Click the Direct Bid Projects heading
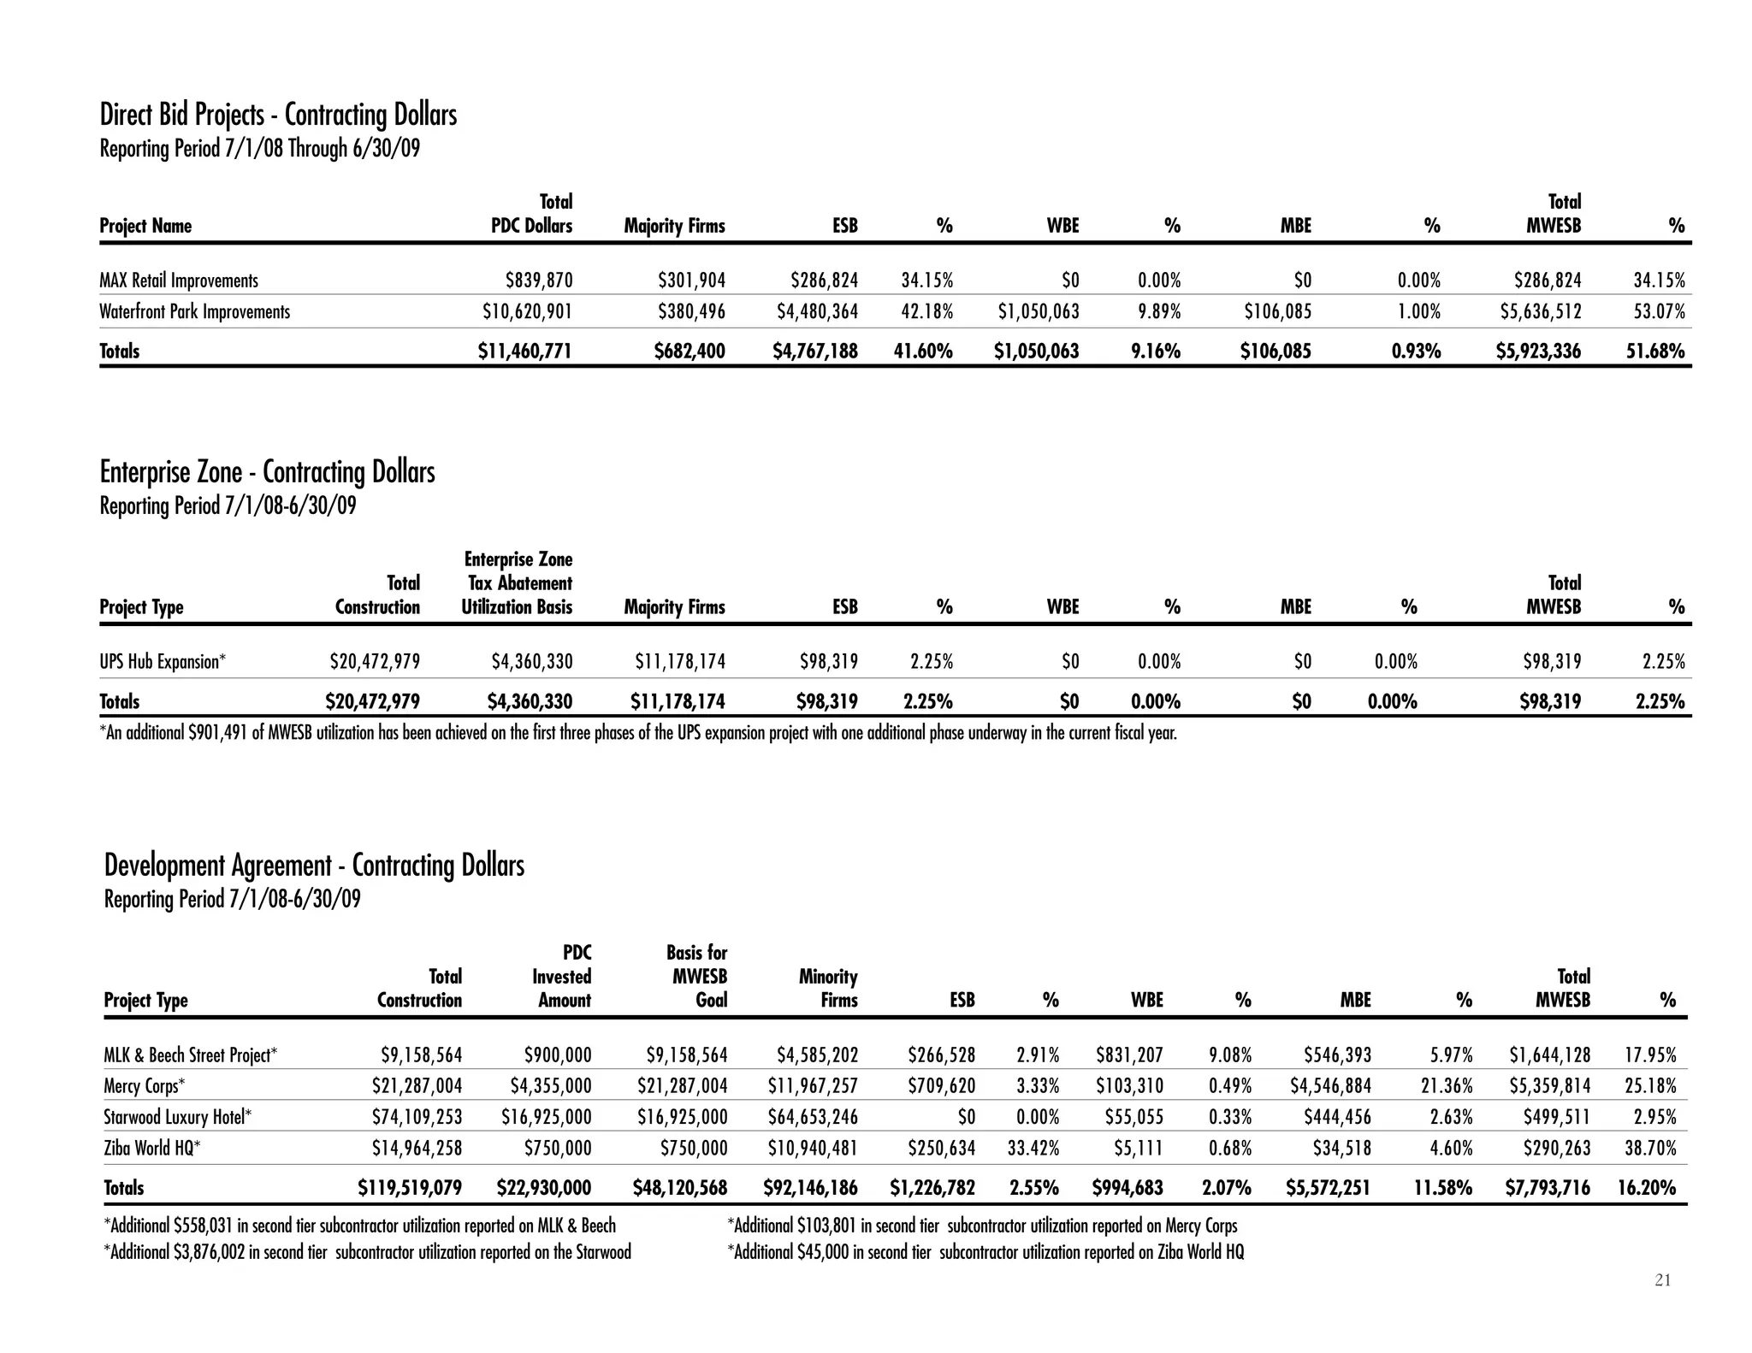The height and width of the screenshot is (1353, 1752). pyautogui.click(x=278, y=115)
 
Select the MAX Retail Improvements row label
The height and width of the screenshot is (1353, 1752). pyautogui.click(x=178, y=281)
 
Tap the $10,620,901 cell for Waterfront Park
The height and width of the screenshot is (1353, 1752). pyautogui.click(x=527, y=312)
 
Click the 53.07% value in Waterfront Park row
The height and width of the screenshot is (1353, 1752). pyautogui.click(x=1659, y=312)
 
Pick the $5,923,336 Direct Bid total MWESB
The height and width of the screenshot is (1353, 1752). pyautogui.click(x=1538, y=352)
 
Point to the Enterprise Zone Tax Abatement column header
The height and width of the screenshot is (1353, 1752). pyautogui.click(x=518, y=583)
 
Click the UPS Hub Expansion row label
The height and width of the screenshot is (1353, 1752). pyautogui.click(x=163, y=662)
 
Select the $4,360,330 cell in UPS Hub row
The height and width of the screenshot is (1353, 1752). pyautogui.click(x=531, y=662)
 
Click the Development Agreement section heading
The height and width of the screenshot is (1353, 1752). pyautogui.click(x=314, y=866)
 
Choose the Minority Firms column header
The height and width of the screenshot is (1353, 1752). pyautogui.click(x=827, y=989)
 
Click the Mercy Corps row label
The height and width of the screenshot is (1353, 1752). pyautogui.click(x=144, y=1086)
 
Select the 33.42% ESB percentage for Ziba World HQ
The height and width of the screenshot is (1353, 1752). pyautogui.click(x=1033, y=1149)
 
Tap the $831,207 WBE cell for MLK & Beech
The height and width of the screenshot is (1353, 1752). pyautogui.click(x=1129, y=1055)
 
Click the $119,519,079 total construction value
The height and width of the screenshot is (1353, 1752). pyautogui.click(x=409, y=1188)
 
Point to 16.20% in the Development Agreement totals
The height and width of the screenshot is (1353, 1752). pyautogui.click(x=1646, y=1188)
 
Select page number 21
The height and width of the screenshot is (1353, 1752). pyautogui.click(x=1662, y=1280)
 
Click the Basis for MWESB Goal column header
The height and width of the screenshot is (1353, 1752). pyautogui.click(x=696, y=977)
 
